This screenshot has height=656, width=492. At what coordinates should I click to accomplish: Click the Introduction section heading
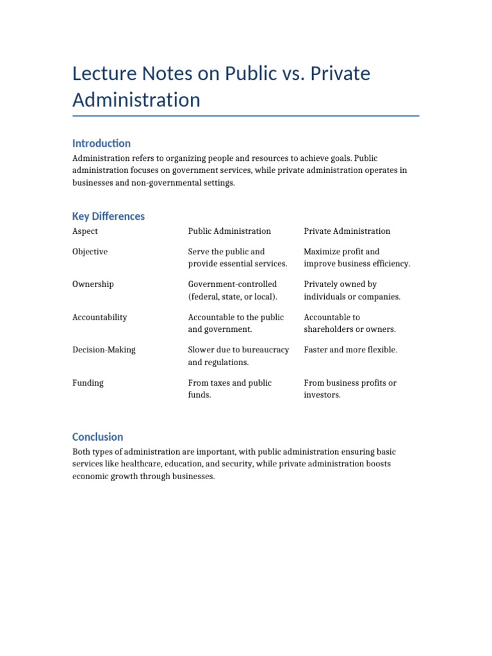101,143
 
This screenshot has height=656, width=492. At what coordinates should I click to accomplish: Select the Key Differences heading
108,217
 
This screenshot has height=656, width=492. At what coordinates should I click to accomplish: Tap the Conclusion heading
97,437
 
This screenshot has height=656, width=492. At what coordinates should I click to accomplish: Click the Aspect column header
85,231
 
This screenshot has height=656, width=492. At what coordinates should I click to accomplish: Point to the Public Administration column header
229,231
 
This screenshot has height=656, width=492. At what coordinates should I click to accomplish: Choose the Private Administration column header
347,231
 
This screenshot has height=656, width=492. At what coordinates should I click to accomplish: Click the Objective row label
90,252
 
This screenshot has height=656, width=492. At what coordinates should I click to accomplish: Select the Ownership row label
93,284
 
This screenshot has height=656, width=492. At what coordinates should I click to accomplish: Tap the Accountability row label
99,318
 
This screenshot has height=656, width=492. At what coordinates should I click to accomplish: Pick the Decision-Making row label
104,350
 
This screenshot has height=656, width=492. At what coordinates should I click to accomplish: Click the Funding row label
88,383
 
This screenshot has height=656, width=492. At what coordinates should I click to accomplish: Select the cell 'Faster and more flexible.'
350,350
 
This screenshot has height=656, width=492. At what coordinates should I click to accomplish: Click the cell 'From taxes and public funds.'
229,389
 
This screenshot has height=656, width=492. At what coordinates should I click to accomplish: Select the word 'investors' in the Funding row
322,395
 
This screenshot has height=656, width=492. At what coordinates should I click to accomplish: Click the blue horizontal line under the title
246,116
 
